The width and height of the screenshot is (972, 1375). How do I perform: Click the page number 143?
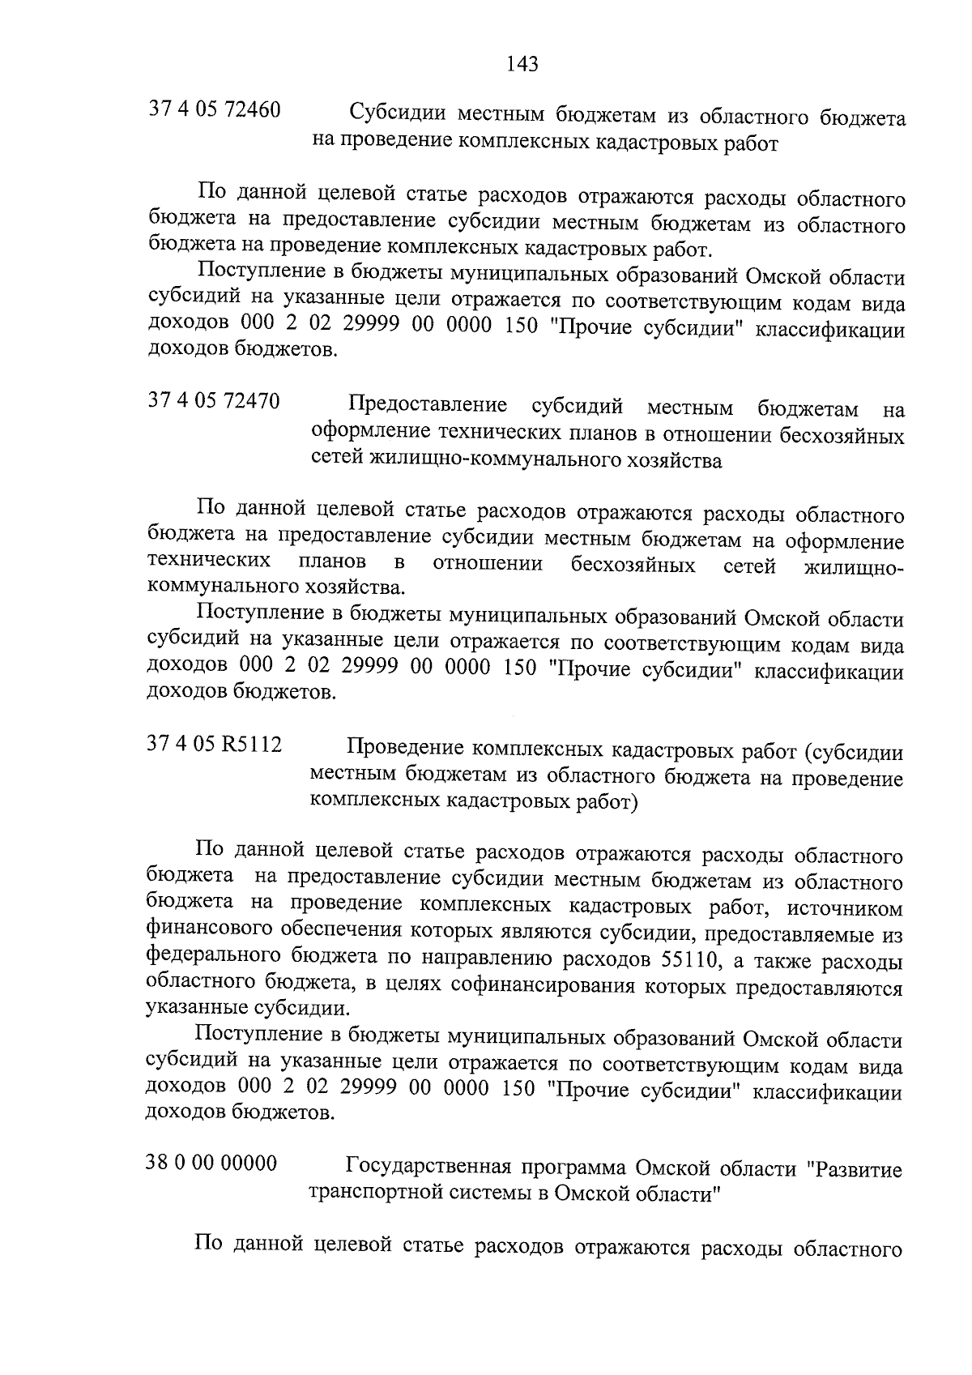(522, 63)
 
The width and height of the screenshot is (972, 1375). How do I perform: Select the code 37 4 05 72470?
(214, 401)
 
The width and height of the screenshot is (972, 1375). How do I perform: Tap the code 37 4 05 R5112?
(215, 744)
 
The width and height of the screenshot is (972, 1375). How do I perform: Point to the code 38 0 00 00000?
(211, 1164)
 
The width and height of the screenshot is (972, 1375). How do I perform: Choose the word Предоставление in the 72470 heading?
(427, 404)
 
